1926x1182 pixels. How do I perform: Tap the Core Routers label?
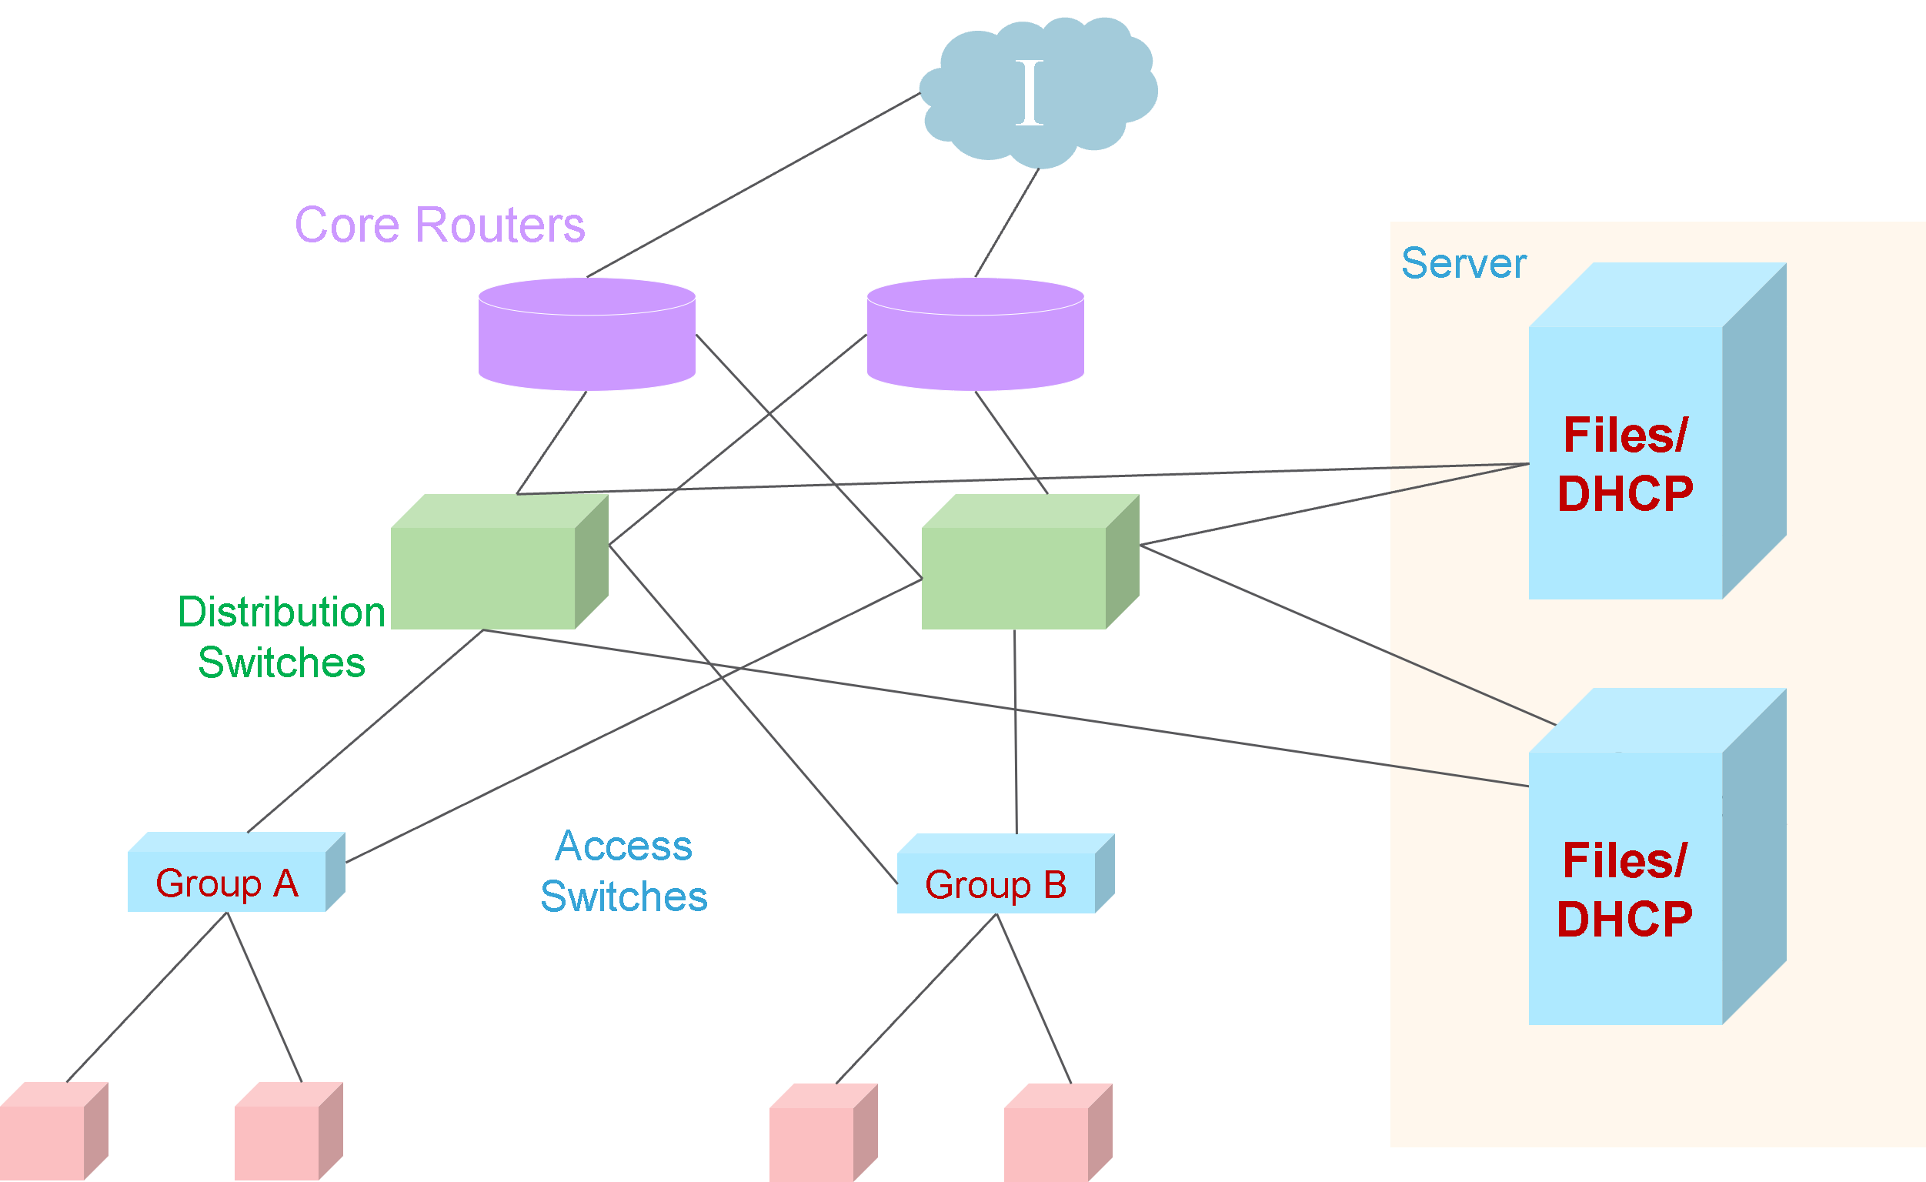point(439,225)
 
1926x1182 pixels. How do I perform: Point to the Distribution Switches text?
point(282,636)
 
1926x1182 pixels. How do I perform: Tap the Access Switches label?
point(624,871)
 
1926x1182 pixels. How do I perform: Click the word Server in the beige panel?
point(1464,263)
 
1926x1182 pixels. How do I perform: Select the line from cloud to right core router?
point(1006,223)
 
